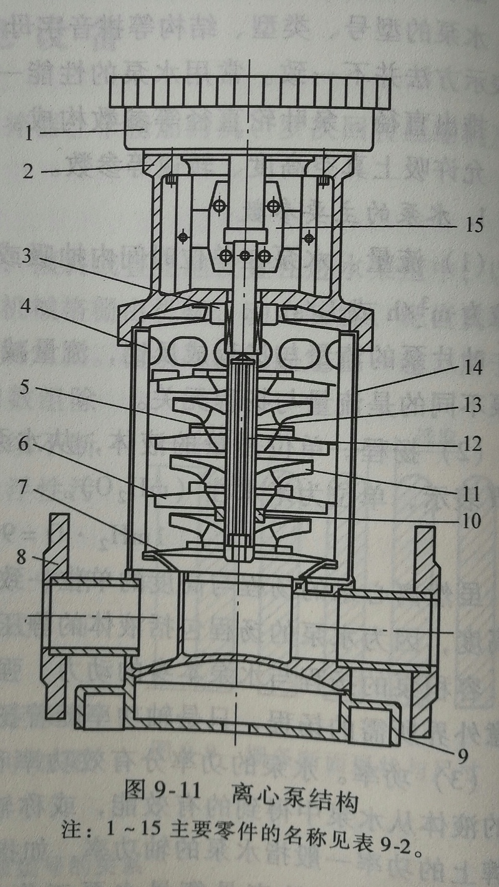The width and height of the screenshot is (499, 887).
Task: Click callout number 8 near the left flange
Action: click(x=22, y=556)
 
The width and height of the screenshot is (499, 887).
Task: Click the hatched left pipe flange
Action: click(x=57, y=615)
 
